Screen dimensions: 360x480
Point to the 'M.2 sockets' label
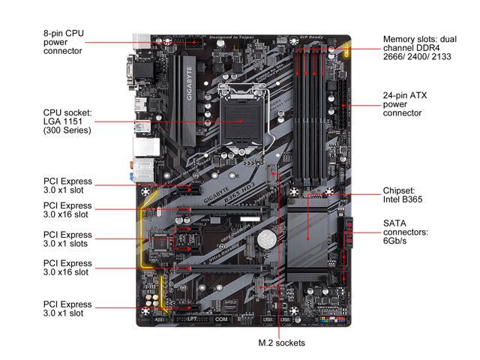click(279, 343)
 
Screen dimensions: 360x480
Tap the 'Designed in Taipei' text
click(235, 37)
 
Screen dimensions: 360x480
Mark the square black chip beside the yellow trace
click(161, 241)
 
